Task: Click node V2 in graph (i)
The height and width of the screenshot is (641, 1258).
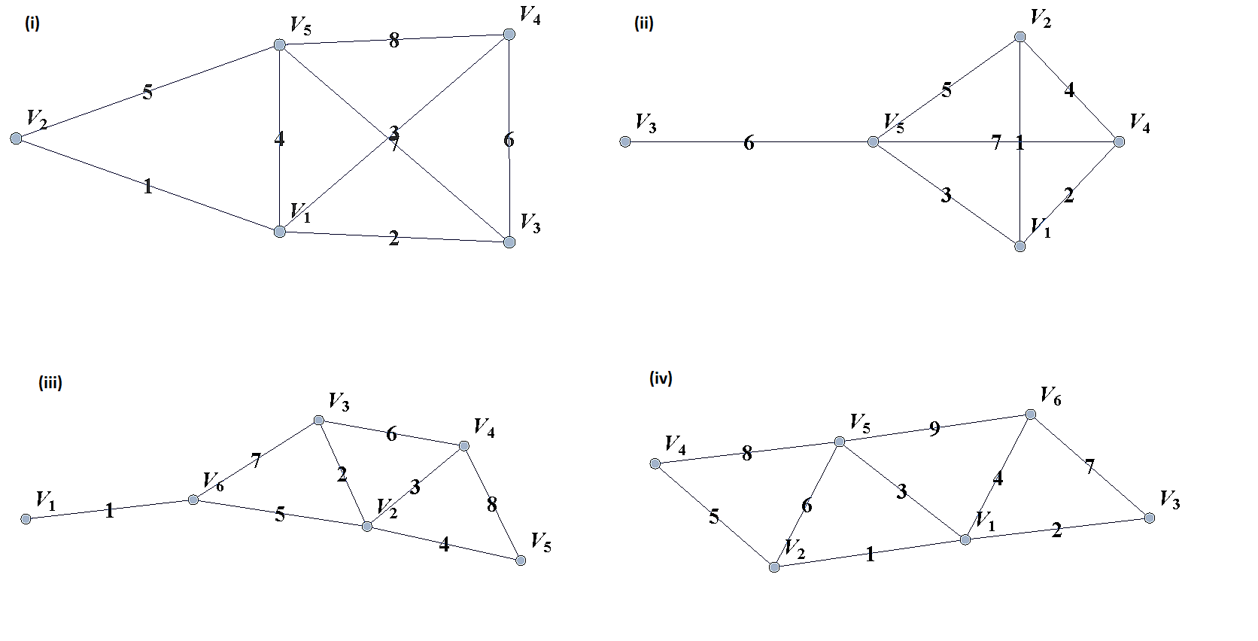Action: tap(16, 138)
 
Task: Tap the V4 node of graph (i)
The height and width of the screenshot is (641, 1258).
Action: tap(509, 35)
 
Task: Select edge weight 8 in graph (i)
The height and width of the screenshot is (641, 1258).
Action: tap(394, 41)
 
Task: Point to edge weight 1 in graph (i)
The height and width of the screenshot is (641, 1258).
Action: tap(147, 186)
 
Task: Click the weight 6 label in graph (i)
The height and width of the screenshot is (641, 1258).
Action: tap(509, 140)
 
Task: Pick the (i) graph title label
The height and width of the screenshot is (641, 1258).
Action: tap(32, 23)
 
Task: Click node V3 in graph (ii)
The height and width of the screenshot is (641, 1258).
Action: tap(625, 141)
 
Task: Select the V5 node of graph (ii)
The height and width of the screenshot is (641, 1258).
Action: tap(873, 141)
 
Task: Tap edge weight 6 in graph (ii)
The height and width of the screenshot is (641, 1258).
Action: tap(749, 143)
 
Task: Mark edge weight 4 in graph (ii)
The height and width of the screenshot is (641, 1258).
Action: tap(1069, 90)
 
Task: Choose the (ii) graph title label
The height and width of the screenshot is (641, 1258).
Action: tap(644, 23)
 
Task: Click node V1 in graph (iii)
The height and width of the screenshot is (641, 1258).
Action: tap(26, 519)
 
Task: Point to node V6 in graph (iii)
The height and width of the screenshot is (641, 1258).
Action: tap(193, 500)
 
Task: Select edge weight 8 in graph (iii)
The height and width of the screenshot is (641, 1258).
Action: tap(492, 504)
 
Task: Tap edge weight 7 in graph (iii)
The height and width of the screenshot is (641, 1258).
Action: tap(256, 460)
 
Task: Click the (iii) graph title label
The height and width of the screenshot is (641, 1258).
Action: tap(50, 383)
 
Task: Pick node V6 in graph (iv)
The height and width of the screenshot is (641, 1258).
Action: tap(1031, 415)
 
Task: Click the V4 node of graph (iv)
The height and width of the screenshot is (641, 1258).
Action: tap(655, 463)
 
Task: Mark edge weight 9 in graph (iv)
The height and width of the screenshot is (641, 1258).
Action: tap(934, 429)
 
